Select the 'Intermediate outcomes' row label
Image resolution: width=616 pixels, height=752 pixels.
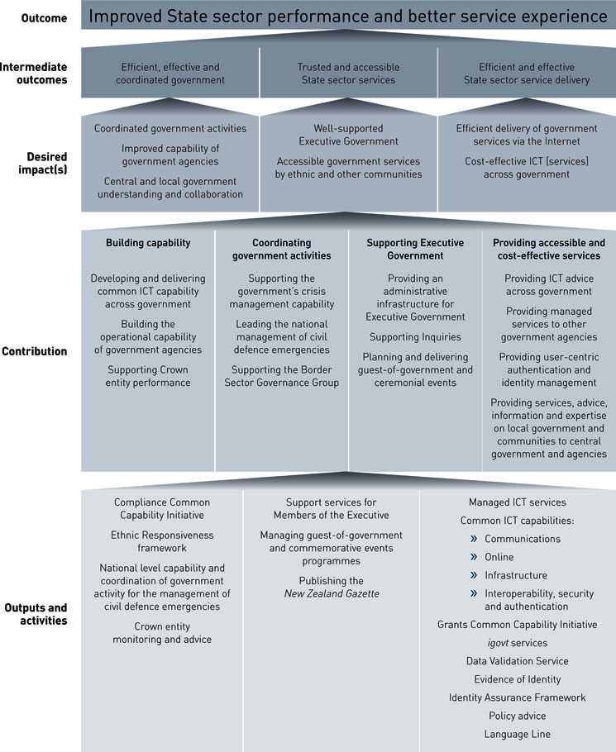click(35, 74)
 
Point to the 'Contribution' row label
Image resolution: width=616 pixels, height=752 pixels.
click(34, 351)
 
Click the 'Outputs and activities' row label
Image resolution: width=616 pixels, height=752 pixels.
click(34, 614)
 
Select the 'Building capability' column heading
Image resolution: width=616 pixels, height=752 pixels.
click(148, 243)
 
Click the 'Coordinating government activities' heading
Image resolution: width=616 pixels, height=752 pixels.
click(281, 249)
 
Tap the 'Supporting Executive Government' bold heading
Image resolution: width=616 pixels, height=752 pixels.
click(416, 249)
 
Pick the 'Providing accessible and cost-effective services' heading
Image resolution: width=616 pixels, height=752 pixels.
click(549, 249)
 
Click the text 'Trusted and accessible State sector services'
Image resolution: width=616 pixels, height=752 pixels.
click(348, 74)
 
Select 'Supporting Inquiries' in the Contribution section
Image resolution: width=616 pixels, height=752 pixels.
click(416, 337)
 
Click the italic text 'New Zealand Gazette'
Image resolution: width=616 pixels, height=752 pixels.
click(332, 593)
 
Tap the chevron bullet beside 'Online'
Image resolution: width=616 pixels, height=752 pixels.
click(475, 557)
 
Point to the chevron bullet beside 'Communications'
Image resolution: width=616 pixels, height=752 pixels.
click(475, 539)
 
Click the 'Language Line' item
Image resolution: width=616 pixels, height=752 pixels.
click(518, 734)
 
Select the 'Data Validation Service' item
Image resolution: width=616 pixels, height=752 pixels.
click(518, 661)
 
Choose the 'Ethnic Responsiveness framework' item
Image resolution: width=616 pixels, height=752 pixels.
click(161, 541)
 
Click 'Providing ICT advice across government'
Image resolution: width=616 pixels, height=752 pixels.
click(549, 285)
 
